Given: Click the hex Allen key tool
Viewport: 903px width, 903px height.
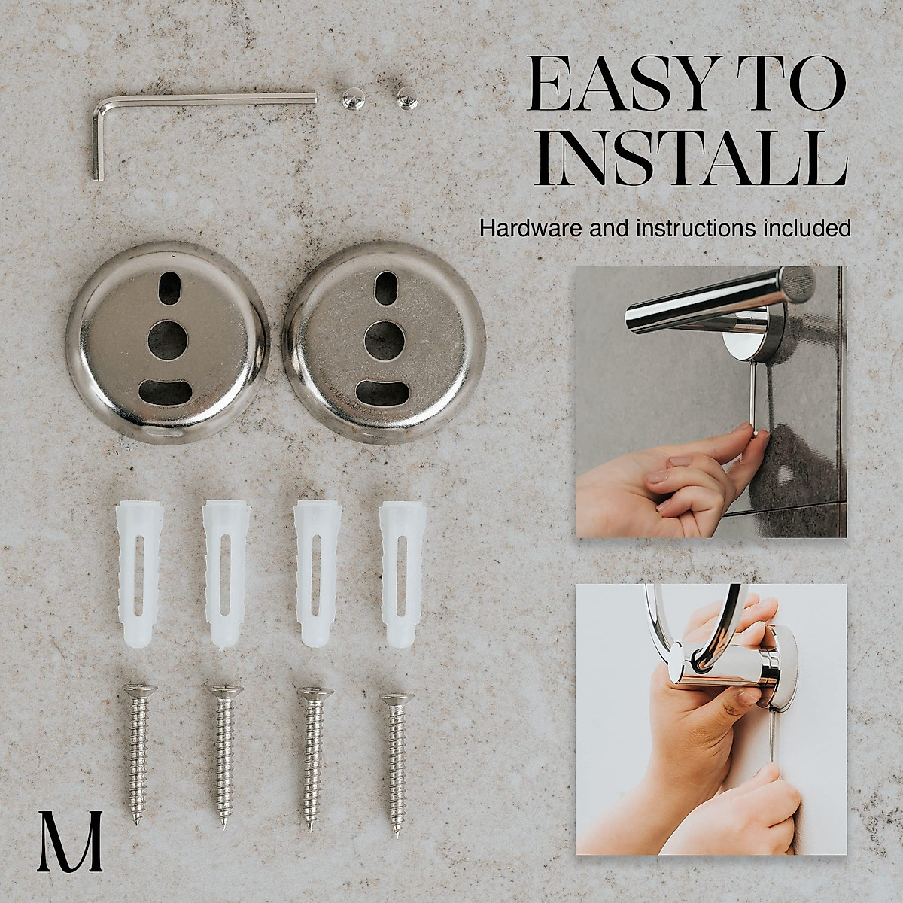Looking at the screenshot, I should (x=203, y=102).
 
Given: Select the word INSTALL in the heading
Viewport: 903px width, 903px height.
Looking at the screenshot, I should (x=692, y=160).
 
